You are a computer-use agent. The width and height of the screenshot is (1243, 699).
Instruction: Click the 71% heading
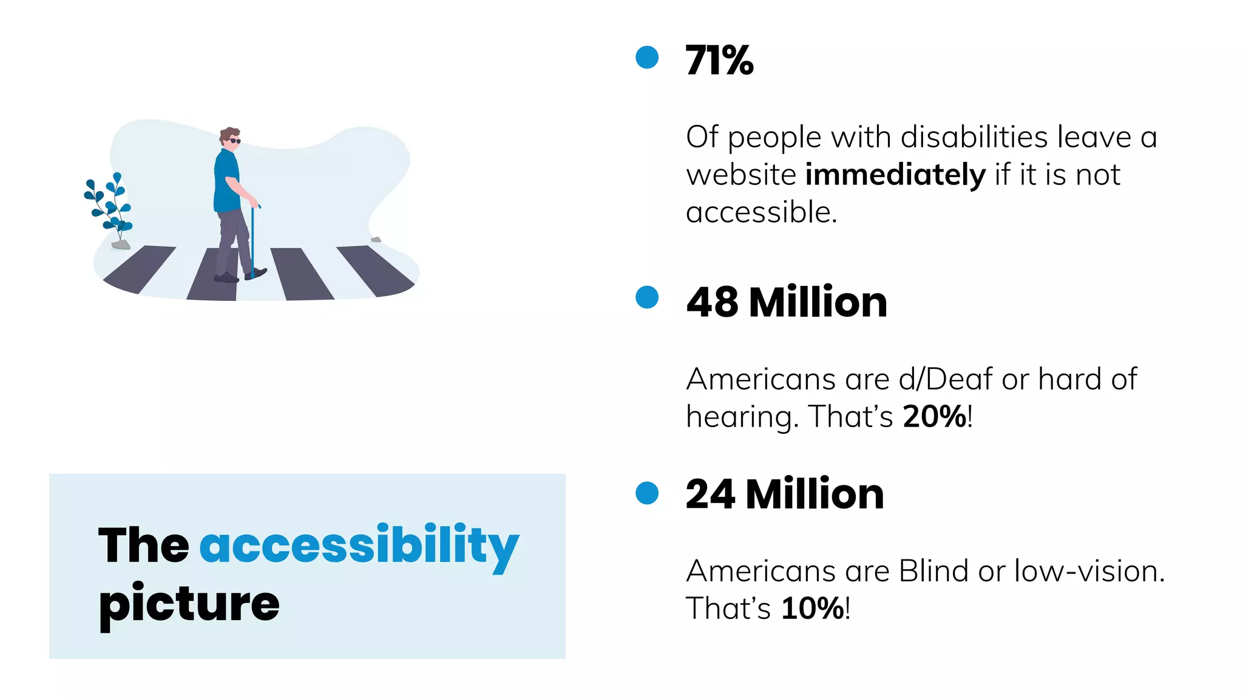point(719,60)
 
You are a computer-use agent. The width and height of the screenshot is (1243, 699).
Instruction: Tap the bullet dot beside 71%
point(647,58)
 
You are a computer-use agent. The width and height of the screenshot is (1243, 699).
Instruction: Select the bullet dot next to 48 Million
point(647,297)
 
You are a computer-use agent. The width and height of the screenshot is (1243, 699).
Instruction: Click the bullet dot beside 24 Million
point(647,493)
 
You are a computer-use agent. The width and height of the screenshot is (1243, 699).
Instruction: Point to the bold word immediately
point(895,175)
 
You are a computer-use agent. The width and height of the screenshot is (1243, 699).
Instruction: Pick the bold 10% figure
point(813,609)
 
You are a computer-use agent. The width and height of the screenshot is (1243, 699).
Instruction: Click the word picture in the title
point(189,604)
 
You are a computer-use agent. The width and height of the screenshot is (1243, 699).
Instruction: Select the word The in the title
point(143,545)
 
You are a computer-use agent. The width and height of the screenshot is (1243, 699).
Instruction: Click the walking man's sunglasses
point(234,141)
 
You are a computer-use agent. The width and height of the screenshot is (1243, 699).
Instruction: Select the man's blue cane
point(252,243)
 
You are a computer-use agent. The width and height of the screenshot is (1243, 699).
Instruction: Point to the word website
point(740,175)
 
